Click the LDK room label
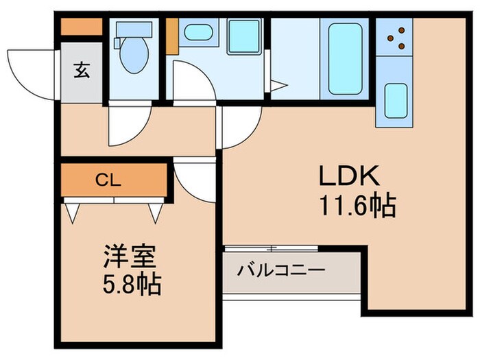pos(348,177)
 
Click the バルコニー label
pos(280,269)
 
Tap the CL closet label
pos(108,181)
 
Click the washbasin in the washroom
pos(199,33)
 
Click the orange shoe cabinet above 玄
pos(82,27)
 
